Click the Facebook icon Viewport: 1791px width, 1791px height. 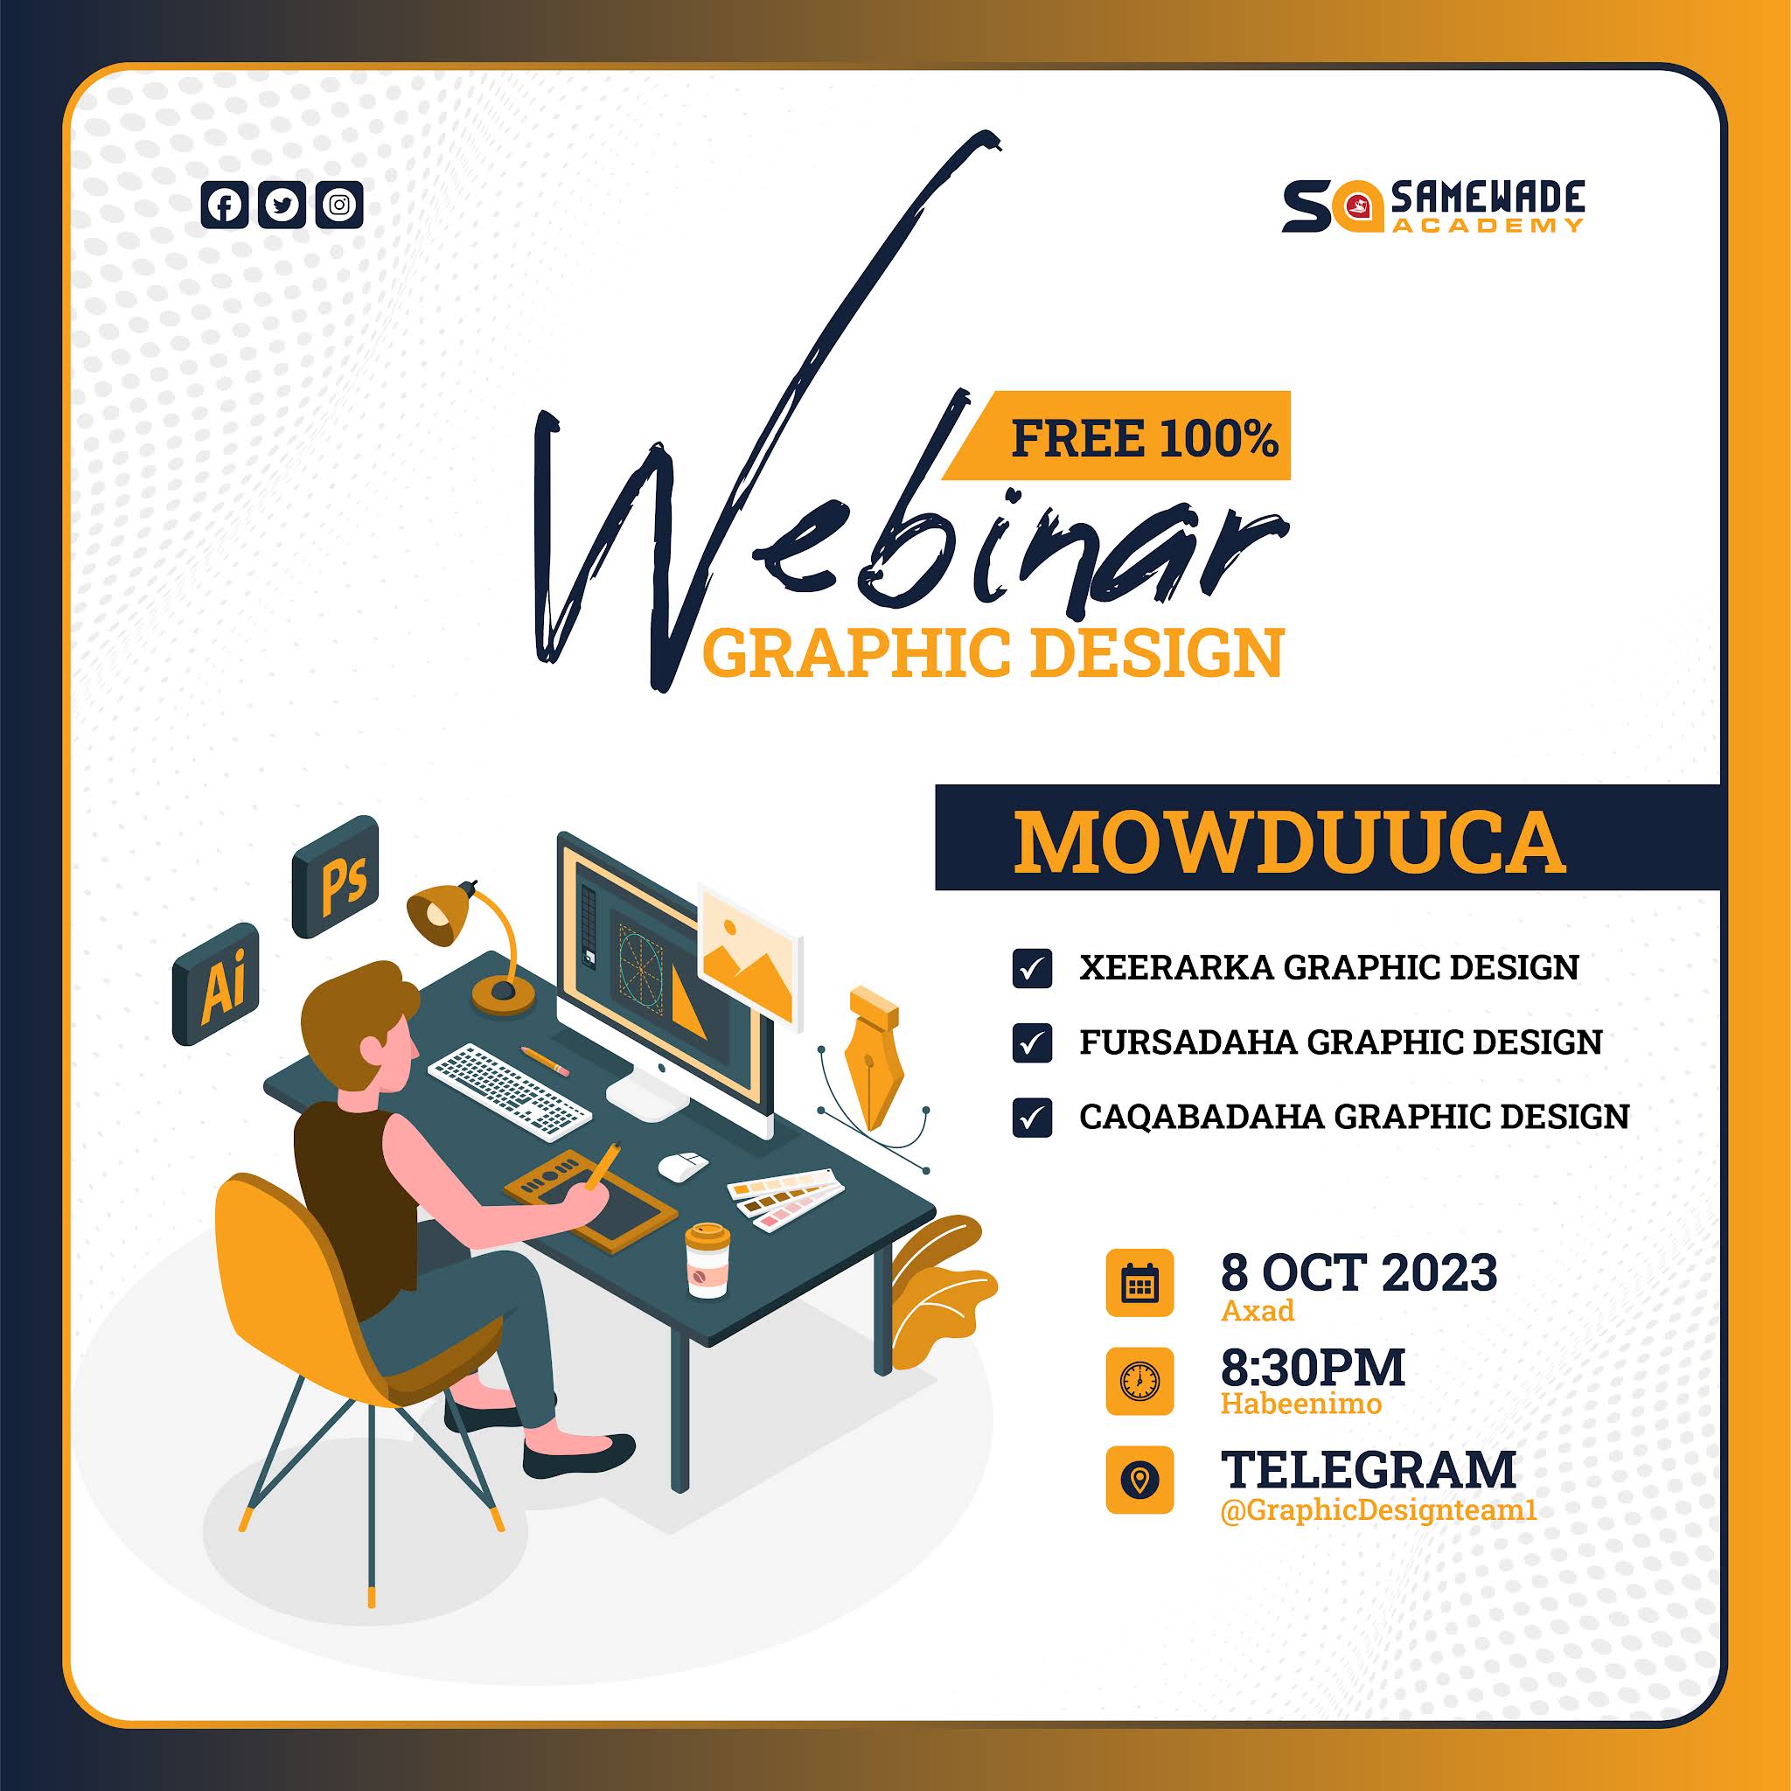[x=225, y=205]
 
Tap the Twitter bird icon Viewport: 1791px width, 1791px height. [x=282, y=205]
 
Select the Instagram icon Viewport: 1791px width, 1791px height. [x=339, y=205]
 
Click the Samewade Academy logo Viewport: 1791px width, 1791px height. [x=1433, y=206]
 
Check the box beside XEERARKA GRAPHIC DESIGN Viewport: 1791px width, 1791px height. [x=1032, y=969]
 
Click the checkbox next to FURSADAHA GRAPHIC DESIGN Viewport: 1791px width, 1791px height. [x=1032, y=1043]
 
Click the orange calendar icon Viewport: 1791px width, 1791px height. [x=1139, y=1283]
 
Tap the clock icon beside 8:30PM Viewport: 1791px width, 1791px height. [x=1139, y=1381]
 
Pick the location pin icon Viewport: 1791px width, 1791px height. [x=1139, y=1480]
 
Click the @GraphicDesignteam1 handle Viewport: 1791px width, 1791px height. [x=1378, y=1510]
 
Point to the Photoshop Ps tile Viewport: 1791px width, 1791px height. [x=336, y=877]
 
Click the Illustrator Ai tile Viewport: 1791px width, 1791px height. [x=217, y=984]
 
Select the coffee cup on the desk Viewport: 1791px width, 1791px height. [x=707, y=1260]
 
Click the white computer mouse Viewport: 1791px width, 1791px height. [x=683, y=1164]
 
